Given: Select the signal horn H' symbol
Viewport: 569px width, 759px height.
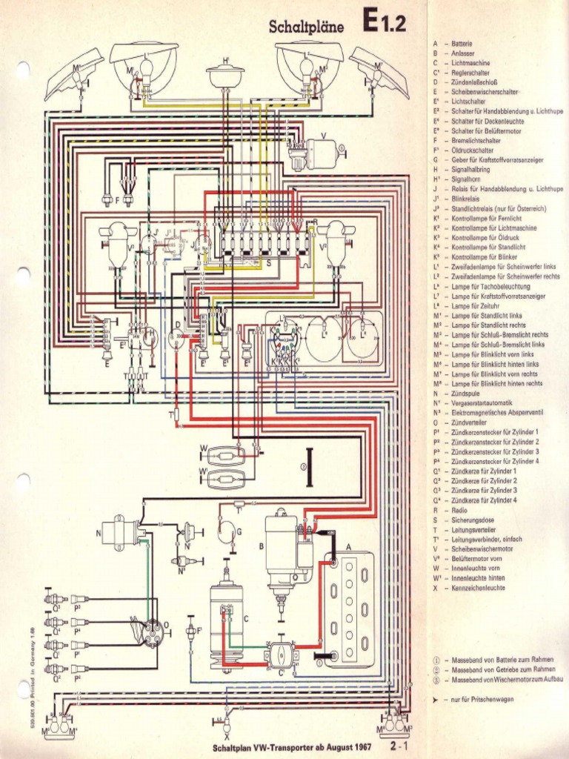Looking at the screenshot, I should [225, 76].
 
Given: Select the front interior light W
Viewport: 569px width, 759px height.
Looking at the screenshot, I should [225, 453].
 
